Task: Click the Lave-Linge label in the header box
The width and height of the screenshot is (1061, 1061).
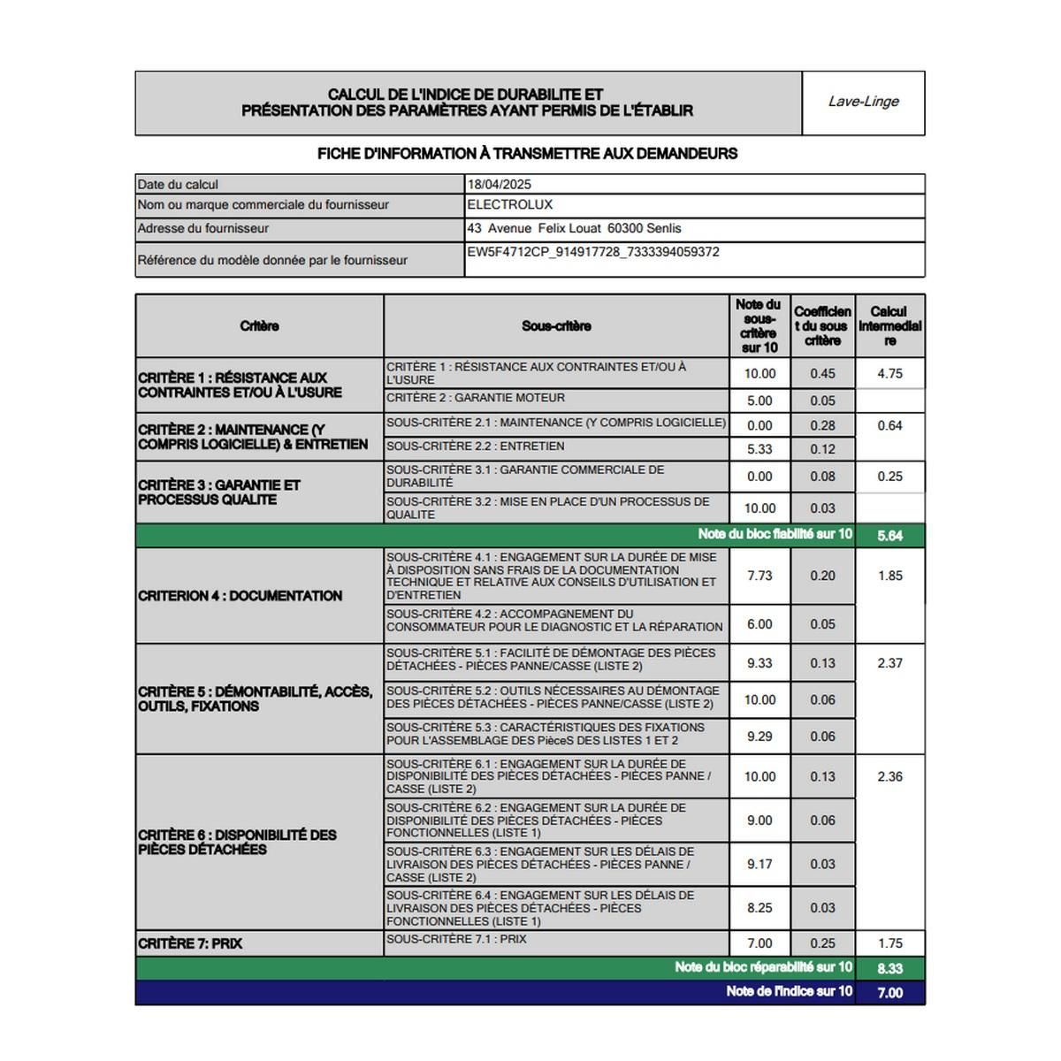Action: coord(863,102)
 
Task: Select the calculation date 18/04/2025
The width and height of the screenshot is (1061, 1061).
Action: coord(500,185)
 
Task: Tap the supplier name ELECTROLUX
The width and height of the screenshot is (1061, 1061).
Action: coord(510,205)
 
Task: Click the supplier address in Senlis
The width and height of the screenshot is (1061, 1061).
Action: coord(575,228)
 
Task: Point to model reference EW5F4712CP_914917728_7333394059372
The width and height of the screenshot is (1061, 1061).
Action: coord(593,252)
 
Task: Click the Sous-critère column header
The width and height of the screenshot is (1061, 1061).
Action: coord(556,326)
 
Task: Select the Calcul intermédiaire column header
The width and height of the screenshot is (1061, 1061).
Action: coord(889,326)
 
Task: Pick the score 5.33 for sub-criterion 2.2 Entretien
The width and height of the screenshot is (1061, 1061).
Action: coord(759,449)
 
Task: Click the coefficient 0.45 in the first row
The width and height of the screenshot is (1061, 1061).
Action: coord(822,374)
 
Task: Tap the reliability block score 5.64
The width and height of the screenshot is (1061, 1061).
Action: coord(889,536)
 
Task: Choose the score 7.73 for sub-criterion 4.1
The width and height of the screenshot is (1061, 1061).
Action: coord(759,576)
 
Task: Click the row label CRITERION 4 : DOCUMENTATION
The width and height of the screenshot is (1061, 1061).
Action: coord(240,596)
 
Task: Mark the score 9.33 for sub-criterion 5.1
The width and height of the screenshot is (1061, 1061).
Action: coord(759,663)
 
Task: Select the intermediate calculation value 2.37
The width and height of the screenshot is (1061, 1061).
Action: coord(889,663)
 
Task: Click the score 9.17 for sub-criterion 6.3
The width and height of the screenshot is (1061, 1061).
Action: coord(759,864)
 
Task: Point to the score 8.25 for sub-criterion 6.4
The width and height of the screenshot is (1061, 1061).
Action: coord(759,908)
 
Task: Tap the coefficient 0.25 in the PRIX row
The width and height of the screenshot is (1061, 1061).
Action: coord(822,943)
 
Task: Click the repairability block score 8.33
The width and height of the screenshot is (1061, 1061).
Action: coord(889,968)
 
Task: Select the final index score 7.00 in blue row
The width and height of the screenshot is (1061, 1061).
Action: coord(889,993)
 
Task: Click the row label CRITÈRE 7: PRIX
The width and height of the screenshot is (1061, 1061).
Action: coord(190,943)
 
